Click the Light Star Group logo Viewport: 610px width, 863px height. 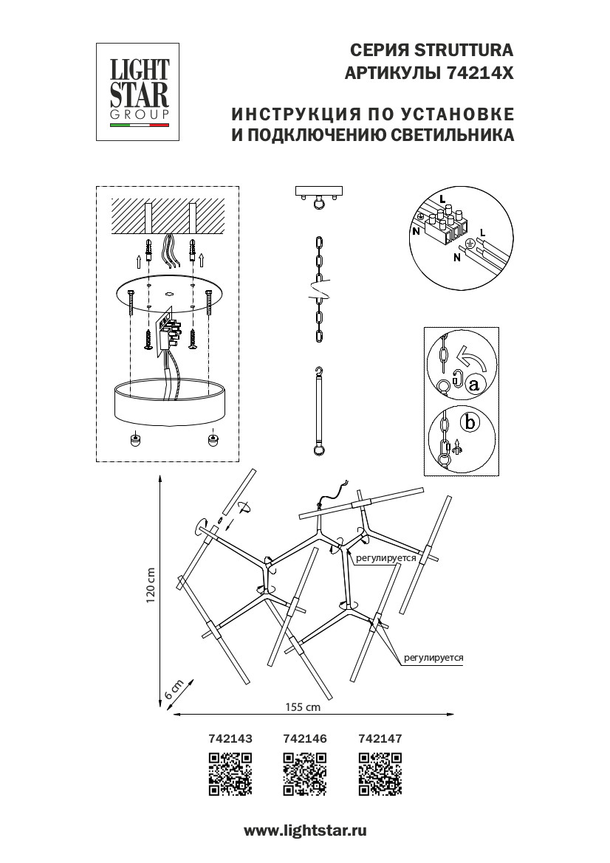point(140,92)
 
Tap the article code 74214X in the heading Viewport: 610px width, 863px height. point(481,74)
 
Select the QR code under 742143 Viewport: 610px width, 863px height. point(231,773)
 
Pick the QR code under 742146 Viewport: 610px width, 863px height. point(305,773)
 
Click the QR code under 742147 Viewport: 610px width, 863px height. point(380,773)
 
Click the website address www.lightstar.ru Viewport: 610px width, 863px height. point(305,831)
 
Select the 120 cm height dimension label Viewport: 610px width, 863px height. point(151,586)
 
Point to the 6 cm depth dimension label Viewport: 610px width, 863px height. point(171,691)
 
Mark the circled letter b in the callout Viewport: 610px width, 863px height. point(467,423)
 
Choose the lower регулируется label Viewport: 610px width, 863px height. point(433,656)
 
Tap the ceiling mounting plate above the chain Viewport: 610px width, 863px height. point(319,190)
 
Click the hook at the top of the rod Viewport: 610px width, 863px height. point(319,371)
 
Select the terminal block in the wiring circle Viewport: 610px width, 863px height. point(445,225)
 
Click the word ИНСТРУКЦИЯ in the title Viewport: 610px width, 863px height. point(284,115)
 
